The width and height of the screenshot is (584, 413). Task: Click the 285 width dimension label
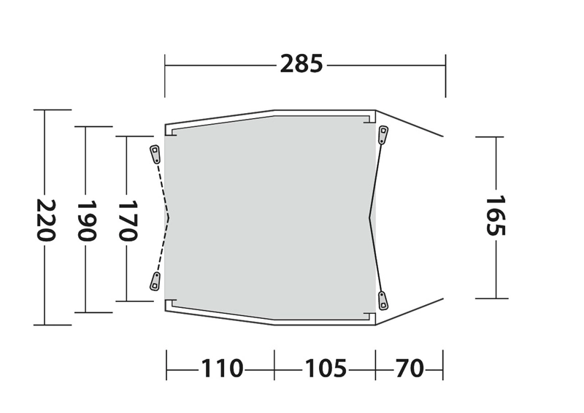301,64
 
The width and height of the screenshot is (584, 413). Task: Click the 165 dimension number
496,216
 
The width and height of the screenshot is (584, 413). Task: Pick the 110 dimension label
222,368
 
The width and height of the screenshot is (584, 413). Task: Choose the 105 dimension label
325,368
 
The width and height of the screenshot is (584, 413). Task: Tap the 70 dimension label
410,368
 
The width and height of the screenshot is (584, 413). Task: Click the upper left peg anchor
155,154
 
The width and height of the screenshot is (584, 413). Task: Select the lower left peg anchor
155,281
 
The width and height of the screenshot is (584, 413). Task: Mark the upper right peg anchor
383,134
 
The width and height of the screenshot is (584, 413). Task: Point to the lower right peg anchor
383,299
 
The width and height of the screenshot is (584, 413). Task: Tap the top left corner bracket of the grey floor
171,132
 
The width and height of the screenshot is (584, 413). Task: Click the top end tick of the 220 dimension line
45,110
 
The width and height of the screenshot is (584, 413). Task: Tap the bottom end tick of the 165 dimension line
496,298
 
